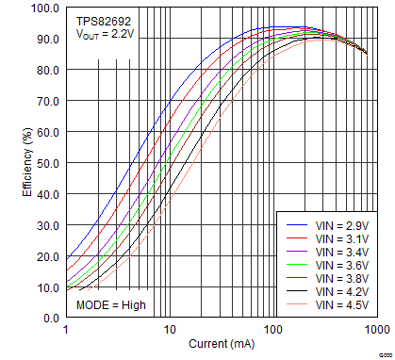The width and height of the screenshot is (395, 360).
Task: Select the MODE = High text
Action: coord(111,305)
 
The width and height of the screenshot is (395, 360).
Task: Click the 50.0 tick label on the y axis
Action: coord(46,164)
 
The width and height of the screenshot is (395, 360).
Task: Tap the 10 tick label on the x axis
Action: coord(170,332)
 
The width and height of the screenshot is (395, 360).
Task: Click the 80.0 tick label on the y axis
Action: coord(46,71)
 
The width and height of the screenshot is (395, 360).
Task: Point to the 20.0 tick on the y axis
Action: coord(46,256)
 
